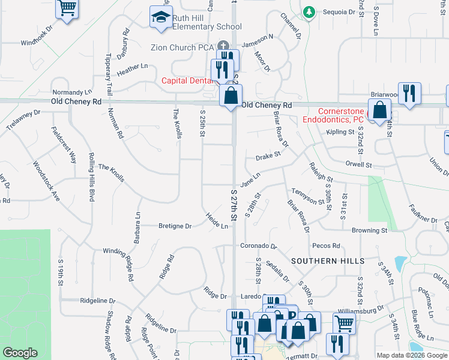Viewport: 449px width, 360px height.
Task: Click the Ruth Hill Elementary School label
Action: pyautogui.click(x=206, y=23)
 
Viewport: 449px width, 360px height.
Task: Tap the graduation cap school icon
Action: pyautogui.click(x=160, y=18)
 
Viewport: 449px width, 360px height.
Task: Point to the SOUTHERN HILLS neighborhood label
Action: pyautogui.click(x=328, y=262)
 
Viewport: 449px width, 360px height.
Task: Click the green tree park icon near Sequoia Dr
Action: pyautogui.click(x=309, y=12)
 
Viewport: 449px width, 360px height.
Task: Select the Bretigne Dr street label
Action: pyautogui.click(x=175, y=226)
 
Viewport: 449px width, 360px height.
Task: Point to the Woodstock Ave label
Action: pyautogui.click(x=47, y=180)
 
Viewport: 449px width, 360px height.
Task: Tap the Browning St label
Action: pyautogui.click(x=369, y=230)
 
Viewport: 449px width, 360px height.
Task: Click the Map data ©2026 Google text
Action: pyautogui.click(x=412, y=355)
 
